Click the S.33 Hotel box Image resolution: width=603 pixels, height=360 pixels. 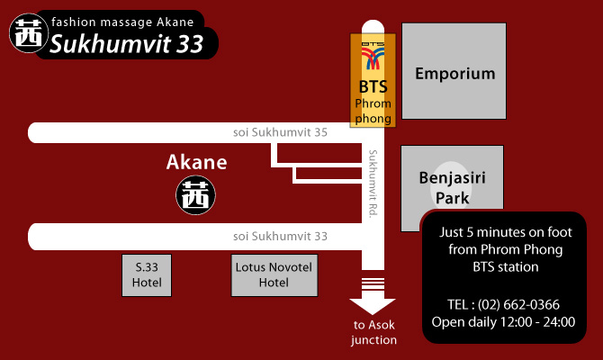coord(148,274)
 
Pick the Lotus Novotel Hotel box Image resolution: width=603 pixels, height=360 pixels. coord(274,274)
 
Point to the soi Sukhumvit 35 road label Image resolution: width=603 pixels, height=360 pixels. coord(280,133)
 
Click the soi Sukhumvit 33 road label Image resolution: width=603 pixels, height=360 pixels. coord(280,237)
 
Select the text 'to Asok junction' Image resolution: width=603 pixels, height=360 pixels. coord(373,332)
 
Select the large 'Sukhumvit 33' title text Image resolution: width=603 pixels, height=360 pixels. coord(126,43)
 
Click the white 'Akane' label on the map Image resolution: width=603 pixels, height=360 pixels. coord(197,163)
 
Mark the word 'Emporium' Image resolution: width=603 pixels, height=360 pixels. coord(455,74)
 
